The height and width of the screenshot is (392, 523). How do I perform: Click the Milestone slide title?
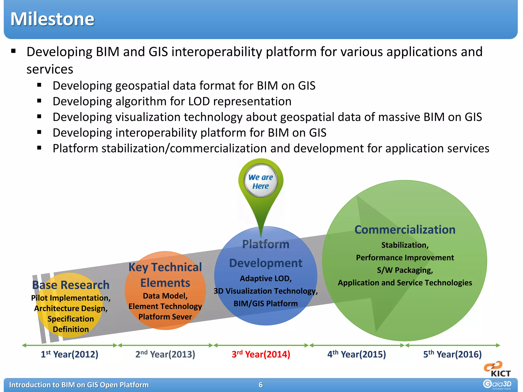[x=52, y=19]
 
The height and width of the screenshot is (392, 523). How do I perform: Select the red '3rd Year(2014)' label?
[x=261, y=354]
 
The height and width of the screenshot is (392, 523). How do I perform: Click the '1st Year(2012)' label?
[x=69, y=354]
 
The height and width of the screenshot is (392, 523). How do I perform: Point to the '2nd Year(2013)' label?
[x=165, y=354]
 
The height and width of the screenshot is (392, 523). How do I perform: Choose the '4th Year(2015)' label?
[x=356, y=354]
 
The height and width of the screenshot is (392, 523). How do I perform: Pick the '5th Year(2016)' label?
[x=452, y=354]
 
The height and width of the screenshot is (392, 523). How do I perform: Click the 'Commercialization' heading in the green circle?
[x=405, y=230]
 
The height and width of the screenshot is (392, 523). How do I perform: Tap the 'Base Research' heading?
[x=71, y=285]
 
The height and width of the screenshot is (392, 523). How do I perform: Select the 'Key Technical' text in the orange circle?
[x=165, y=267]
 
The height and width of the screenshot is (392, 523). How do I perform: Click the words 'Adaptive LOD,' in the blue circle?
[x=266, y=278]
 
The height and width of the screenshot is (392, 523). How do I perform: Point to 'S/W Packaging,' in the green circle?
[x=405, y=270]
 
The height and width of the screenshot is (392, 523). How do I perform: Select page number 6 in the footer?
[x=261, y=385]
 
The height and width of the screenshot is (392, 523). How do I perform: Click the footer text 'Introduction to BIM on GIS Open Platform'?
[x=79, y=385]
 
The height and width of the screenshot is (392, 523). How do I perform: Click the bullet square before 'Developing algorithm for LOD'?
[x=39, y=101]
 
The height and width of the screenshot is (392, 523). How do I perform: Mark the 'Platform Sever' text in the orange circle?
[x=165, y=317]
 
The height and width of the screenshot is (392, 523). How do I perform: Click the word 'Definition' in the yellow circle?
[x=71, y=329]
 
